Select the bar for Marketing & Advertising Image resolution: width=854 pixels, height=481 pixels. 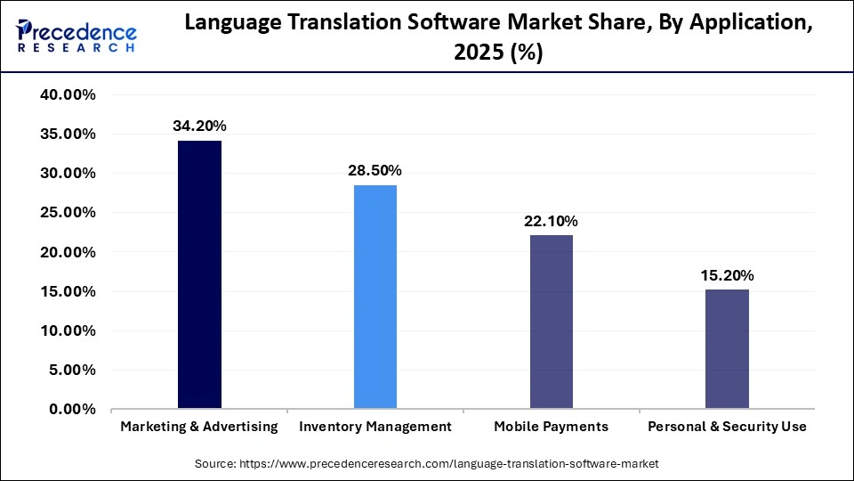(199, 274)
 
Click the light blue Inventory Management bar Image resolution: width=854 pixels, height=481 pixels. (375, 297)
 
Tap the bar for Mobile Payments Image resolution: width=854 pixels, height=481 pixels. (552, 322)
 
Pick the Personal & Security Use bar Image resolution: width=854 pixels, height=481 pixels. (727, 349)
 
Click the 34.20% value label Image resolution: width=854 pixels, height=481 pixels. (199, 126)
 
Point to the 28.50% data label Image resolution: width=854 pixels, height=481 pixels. (375, 170)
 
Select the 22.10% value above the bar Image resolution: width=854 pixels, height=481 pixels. (552, 220)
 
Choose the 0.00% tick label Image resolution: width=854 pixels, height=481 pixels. (72, 410)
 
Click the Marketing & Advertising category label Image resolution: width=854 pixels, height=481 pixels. (199, 427)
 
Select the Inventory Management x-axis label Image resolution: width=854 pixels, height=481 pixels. (375, 427)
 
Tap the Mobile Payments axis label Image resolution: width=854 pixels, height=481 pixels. (552, 427)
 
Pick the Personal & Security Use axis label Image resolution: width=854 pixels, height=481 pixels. (727, 427)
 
